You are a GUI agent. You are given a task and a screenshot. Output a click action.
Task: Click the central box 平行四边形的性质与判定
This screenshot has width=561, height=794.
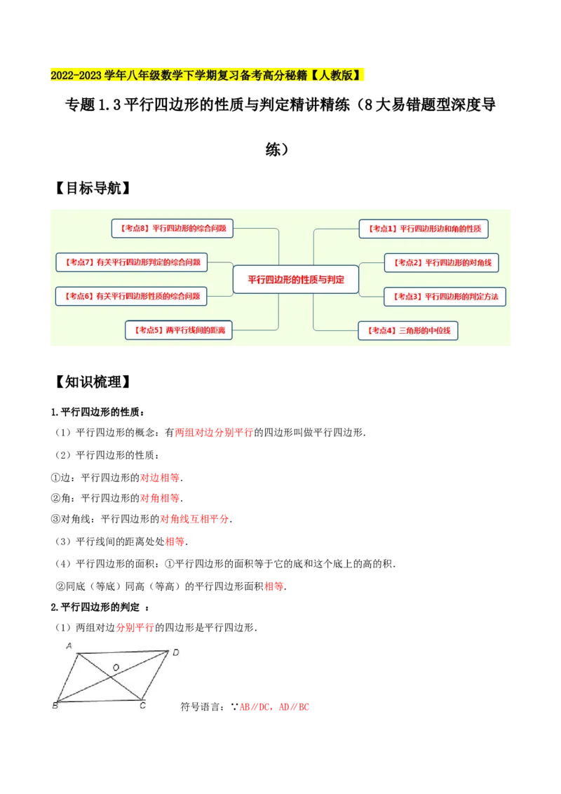295,279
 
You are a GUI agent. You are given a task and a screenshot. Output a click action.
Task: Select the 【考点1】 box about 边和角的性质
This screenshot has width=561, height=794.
424,229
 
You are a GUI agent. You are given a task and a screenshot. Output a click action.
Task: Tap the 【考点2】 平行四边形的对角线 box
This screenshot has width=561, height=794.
441,262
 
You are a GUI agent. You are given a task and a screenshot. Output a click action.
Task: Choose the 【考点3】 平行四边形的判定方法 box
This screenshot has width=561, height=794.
445,297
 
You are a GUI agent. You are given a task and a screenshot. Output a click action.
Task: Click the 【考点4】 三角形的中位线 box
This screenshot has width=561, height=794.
407,330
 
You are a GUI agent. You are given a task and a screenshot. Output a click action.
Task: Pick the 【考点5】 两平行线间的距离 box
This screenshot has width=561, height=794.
178,330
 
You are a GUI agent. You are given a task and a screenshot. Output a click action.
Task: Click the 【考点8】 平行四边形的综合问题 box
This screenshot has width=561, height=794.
172,228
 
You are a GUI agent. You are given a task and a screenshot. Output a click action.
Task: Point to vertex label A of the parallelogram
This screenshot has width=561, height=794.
69,645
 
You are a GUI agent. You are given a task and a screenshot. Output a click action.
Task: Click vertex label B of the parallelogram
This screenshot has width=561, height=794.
55,705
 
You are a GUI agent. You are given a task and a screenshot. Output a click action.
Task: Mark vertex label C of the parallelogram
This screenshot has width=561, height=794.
142,705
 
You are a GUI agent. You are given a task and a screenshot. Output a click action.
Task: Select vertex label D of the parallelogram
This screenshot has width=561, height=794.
175,652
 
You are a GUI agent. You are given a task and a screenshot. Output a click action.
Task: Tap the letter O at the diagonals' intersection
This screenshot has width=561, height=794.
116,666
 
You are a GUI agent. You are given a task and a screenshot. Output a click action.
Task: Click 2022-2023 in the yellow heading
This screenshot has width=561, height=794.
76,76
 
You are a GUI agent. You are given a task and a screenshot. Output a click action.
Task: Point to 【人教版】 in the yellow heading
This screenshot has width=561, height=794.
335,76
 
